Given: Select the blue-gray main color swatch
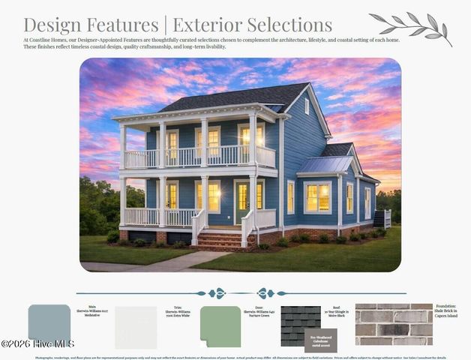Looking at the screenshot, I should pyautogui.click(x=49, y=324).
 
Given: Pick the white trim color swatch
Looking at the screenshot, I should pyautogui.click(x=136, y=327).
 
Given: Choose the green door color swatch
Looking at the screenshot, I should pyautogui.click(x=220, y=325).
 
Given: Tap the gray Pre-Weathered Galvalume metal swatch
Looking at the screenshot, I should pyautogui.click(x=320, y=340).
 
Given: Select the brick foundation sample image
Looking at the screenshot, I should pyautogui.click(x=394, y=324).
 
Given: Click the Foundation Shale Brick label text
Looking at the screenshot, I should pyautogui.click(x=445, y=310).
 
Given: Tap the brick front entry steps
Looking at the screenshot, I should pyautogui.click(x=219, y=241).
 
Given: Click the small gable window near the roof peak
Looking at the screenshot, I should pyautogui.click(x=307, y=106).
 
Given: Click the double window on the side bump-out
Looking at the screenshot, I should pyautogui.click(x=317, y=196).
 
